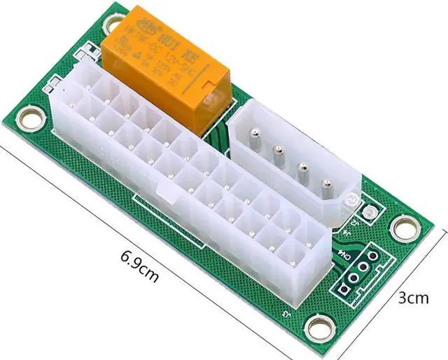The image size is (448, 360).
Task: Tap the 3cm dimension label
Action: [x=413, y=298]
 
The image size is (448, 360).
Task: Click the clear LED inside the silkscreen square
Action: [x=367, y=211]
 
